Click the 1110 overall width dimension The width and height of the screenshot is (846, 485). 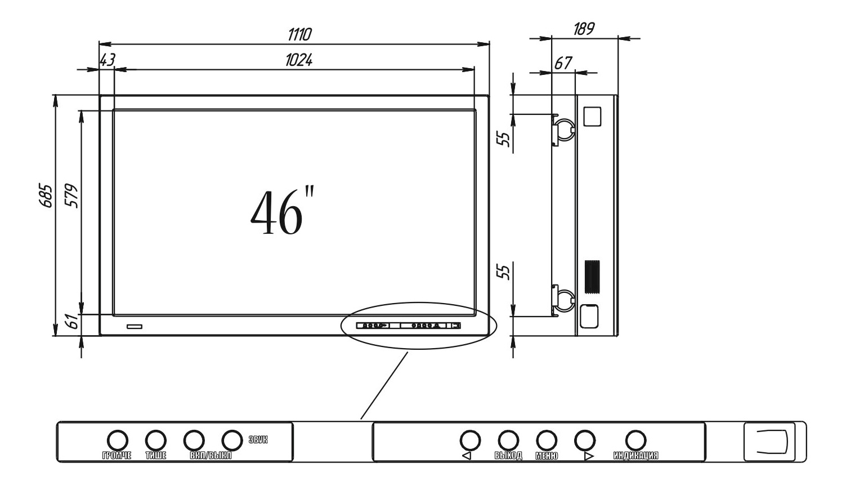coord(299,35)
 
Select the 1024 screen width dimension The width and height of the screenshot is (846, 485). coord(299,60)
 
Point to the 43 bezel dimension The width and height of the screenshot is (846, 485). coord(108,60)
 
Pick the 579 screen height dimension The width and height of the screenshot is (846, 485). coord(71,195)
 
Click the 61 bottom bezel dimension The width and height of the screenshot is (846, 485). coord(71,323)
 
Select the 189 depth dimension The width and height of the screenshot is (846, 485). coord(584,29)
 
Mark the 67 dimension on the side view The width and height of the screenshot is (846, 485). coord(563,63)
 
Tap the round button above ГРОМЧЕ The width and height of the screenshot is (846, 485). coord(117,439)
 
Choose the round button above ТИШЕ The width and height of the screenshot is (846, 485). coord(155,439)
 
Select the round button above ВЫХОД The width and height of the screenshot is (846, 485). coord(508,439)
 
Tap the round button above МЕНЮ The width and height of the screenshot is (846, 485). coord(546,439)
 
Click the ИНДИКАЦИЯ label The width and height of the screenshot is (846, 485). coord(635,456)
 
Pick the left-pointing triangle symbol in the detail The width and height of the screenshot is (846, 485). coord(466,456)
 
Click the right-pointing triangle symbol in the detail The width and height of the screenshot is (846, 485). coord(589,456)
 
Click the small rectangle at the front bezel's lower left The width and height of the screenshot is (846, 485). coord(135,327)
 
